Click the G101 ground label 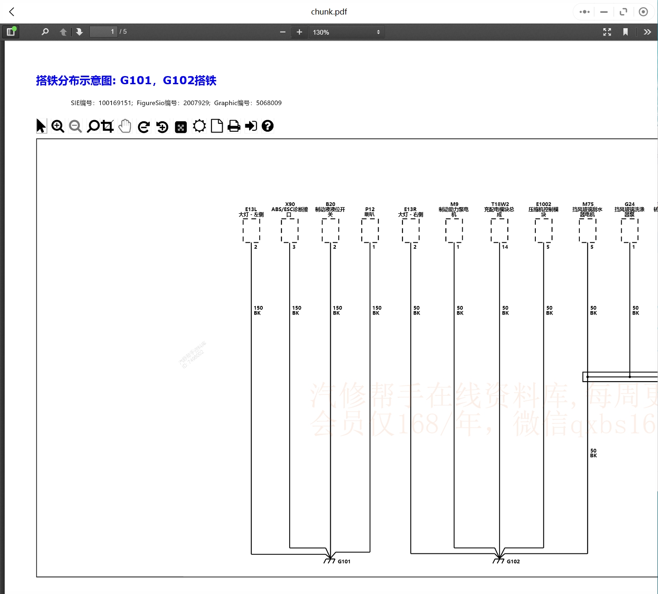[x=344, y=562]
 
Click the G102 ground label [x=513, y=562]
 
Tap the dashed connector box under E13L [x=251, y=231]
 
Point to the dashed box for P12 [x=370, y=231]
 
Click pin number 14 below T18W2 [x=505, y=247]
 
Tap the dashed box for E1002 [x=543, y=231]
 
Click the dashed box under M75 [x=587, y=231]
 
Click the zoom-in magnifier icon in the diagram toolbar [x=58, y=126]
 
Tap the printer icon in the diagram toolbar [x=234, y=126]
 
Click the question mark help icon [x=267, y=126]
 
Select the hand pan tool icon [x=125, y=126]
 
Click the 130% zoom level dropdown [x=346, y=32]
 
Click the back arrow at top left [x=12, y=12]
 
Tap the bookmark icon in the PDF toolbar [x=625, y=32]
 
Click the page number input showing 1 [x=103, y=32]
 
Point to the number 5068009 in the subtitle [x=269, y=103]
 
